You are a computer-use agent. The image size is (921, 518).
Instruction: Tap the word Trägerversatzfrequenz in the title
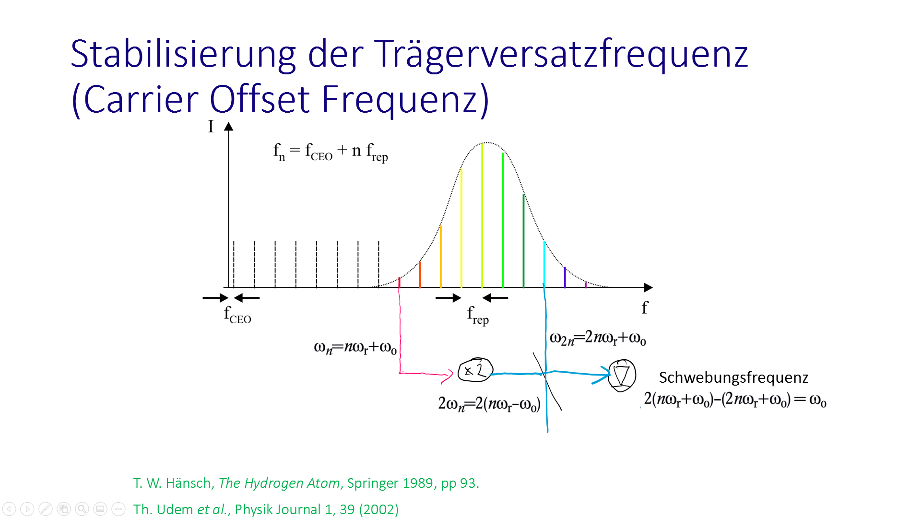pyautogui.click(x=561, y=55)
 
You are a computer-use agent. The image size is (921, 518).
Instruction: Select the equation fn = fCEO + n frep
pyautogui.click(x=331, y=152)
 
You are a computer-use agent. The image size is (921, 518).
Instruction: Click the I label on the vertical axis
pyautogui.click(x=211, y=126)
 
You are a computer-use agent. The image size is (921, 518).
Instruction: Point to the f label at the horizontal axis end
pyautogui.click(x=645, y=307)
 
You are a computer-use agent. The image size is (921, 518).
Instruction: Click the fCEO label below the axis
pyautogui.click(x=237, y=315)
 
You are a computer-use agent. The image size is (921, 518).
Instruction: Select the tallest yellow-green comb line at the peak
pyautogui.click(x=482, y=215)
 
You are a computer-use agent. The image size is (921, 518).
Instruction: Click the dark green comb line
pyautogui.click(x=523, y=241)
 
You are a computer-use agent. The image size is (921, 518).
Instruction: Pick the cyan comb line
pyautogui.click(x=544, y=264)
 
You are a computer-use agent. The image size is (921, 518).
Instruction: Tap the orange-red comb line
pyautogui.click(x=420, y=274)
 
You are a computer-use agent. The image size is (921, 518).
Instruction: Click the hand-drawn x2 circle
pyautogui.click(x=475, y=370)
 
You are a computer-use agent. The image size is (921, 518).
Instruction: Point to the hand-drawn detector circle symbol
pyautogui.click(x=622, y=376)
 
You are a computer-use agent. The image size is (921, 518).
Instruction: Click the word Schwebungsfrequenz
pyautogui.click(x=733, y=377)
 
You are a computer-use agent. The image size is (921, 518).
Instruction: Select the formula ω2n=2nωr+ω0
pyautogui.click(x=598, y=338)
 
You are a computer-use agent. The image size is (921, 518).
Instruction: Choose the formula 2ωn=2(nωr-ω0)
pyautogui.click(x=489, y=404)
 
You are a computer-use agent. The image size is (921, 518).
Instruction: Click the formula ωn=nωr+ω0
pyautogui.click(x=355, y=347)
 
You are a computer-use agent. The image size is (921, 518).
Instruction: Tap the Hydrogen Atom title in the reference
pyautogui.click(x=279, y=483)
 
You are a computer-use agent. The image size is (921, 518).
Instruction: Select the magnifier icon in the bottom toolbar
pyautogui.click(x=82, y=509)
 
